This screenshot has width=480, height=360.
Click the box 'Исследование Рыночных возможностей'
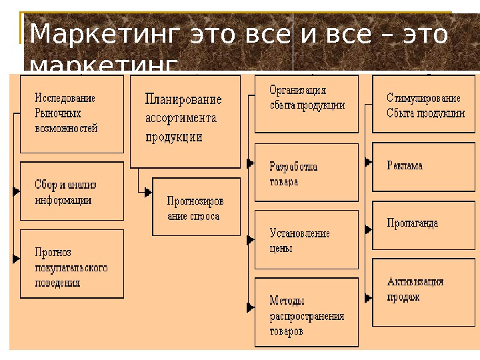[x=71, y=113]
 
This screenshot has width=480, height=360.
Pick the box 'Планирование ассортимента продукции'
[x=185, y=121]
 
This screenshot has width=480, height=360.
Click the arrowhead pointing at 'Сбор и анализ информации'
[x=16, y=191]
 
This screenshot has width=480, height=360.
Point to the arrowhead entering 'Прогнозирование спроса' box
[x=148, y=192]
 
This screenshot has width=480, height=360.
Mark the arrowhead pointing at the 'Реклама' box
[x=367, y=161]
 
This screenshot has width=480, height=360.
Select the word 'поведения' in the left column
[x=58, y=283]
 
